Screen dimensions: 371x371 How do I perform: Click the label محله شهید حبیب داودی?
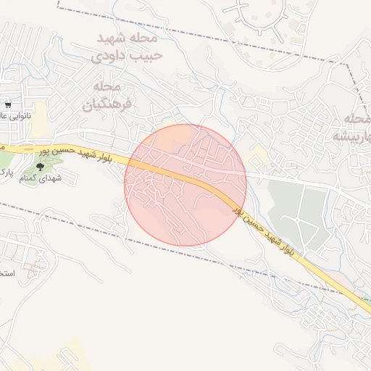pyautogui.click(x=127, y=45)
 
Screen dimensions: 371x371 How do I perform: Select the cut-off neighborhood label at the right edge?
pyautogui.click(x=353, y=127)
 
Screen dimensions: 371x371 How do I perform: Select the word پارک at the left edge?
pyautogui.click(x=4, y=172)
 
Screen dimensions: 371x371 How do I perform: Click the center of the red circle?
pyautogui.click(x=185, y=185)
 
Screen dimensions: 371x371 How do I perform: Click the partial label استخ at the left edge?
pyautogui.click(x=6, y=273)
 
